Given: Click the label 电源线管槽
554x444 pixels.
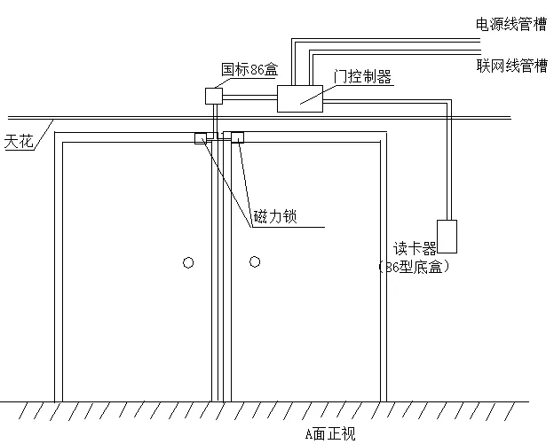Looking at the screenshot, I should click(511, 25).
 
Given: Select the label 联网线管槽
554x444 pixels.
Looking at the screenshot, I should click(511, 66).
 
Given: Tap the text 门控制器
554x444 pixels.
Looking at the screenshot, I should click(362, 77).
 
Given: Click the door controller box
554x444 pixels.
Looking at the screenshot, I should click(299, 98).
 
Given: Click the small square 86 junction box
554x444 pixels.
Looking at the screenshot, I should click(213, 94).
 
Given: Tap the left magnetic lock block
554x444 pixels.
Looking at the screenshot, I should click(201, 137).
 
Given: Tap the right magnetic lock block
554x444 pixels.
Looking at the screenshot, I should click(238, 137).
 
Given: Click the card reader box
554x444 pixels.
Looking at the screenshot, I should click(447, 235).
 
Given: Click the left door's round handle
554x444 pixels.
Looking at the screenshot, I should click(187, 261).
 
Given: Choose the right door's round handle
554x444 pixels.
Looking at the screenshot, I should click(255, 261).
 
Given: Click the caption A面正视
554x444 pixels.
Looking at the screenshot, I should click(329, 433).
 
